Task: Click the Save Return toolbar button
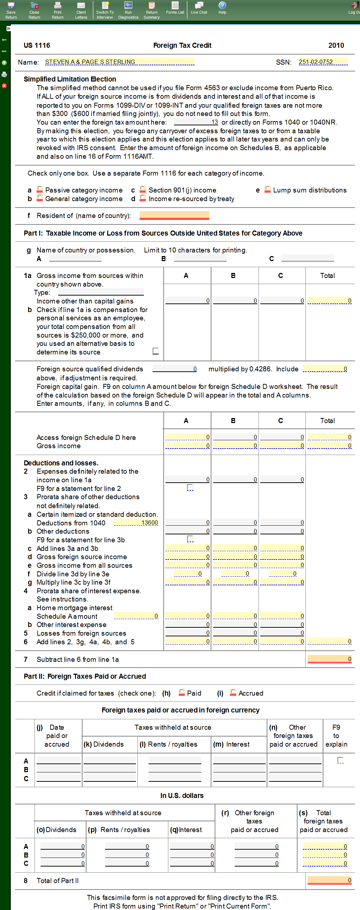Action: coord(11,10)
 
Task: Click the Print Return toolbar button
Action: coord(57,10)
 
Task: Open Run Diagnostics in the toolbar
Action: coord(128,10)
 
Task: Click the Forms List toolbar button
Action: coord(175,8)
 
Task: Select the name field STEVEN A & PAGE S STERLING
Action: coord(120,62)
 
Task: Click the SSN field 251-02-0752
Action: coord(323,62)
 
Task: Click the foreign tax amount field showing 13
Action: coord(196,122)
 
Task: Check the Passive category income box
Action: coord(40,189)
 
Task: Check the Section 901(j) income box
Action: coord(143,189)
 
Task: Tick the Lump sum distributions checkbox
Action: coord(267,189)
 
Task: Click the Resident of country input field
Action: coord(174,215)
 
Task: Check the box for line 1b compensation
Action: coord(155,351)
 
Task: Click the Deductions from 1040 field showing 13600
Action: coord(136,523)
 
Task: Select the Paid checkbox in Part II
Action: coord(182,692)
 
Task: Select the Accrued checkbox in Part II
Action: coord(233,692)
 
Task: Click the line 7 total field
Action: coord(329,659)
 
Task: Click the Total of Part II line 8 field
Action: coord(329,880)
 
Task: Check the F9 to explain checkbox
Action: coord(341,760)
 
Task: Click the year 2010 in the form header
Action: coord(336,45)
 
